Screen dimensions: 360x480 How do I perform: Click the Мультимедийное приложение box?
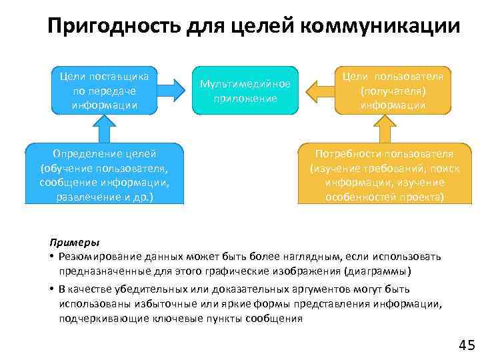(x=245, y=91)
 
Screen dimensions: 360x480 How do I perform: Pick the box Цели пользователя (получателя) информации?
(x=393, y=91)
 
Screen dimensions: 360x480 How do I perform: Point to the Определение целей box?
(x=104, y=173)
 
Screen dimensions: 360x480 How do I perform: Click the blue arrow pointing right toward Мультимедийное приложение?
(x=174, y=91)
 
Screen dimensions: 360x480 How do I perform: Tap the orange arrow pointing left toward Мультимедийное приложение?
(x=317, y=91)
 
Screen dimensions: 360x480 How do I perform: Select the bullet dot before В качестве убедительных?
(x=51, y=289)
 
